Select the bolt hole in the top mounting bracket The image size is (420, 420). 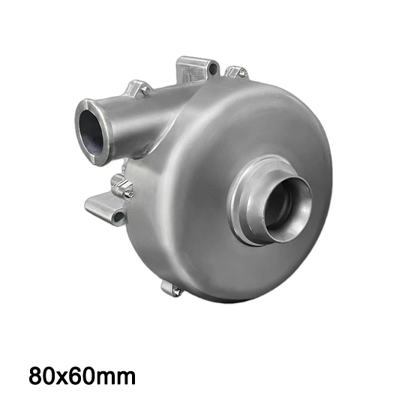(x=214, y=67)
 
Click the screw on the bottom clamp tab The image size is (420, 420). (x=177, y=289)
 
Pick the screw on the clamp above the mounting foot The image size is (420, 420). (x=128, y=192)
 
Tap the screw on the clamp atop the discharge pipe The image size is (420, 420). (x=145, y=89)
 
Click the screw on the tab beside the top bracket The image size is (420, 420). (x=242, y=71)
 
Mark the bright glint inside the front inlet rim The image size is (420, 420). (x=304, y=208)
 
